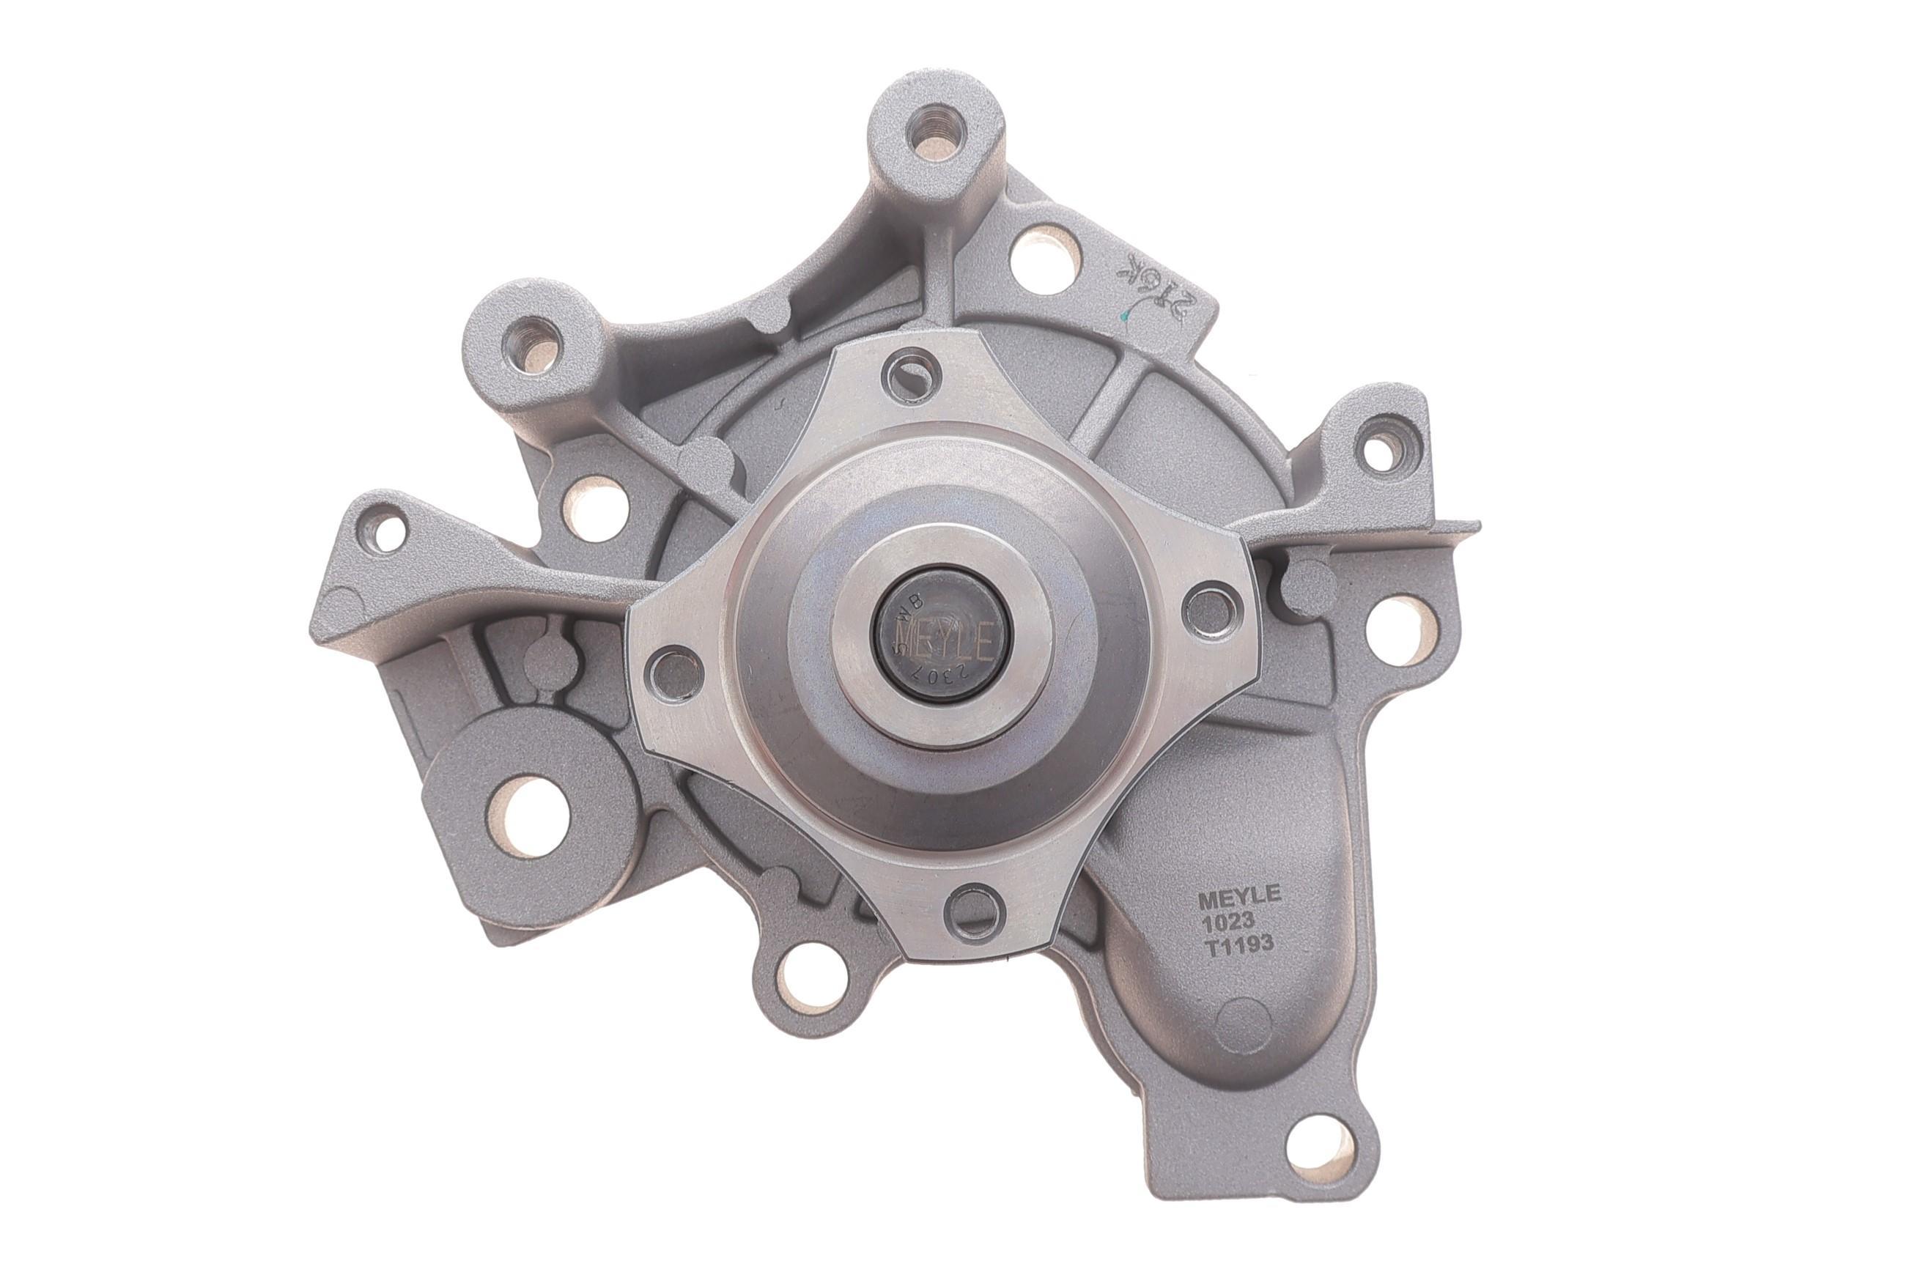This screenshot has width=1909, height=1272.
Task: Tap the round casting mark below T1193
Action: (x=1244, y=1021)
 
